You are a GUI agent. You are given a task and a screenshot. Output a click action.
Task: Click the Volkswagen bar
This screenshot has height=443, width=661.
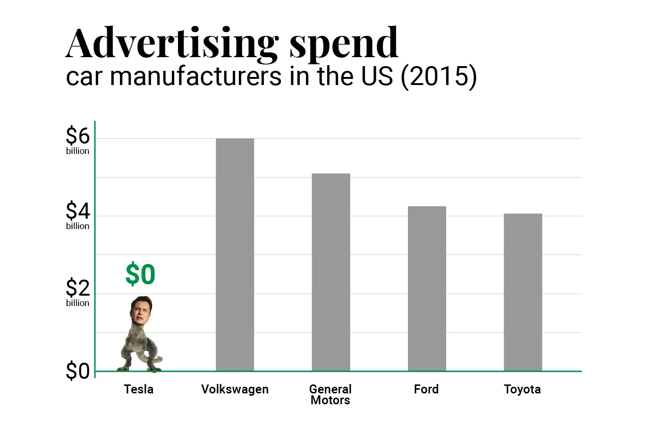pos(235,255)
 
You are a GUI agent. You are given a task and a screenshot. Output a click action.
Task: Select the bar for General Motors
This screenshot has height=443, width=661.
pos(330,272)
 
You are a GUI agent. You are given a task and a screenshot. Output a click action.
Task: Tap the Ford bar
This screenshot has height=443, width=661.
pos(427,289)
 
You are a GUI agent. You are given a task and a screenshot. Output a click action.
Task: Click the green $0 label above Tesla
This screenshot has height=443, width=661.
pos(140,274)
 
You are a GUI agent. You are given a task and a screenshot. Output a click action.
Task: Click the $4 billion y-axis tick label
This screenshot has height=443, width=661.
pos(77,215)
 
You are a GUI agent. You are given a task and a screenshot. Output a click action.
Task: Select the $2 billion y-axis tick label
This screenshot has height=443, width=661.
pos(77,292)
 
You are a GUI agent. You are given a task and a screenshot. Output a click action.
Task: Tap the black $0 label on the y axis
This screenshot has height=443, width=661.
pos(77,371)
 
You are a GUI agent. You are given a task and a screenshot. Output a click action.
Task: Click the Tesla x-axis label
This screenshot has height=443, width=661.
pos(138,389)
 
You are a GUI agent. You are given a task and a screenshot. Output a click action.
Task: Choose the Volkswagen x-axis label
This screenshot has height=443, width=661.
pos(235,389)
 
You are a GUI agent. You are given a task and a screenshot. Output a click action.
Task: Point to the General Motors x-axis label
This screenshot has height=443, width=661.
pos(330,394)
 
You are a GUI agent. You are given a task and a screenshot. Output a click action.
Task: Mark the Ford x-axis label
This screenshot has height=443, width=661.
pos(426,389)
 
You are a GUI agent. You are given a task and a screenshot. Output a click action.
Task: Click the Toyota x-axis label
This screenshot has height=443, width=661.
pos(522,389)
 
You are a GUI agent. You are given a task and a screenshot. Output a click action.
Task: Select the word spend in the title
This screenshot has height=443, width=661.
pos(344,45)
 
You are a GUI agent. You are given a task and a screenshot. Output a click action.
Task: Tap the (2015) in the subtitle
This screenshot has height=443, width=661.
pos(439,77)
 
